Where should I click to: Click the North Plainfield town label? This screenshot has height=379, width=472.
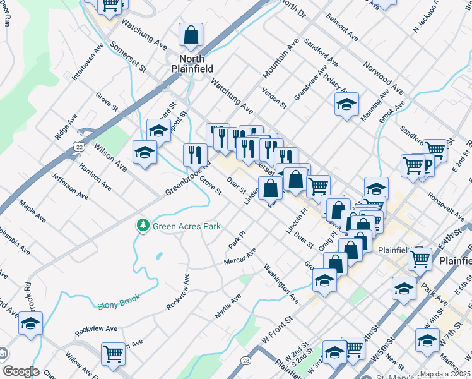(x=191, y=63)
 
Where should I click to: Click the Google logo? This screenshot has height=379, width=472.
(x=20, y=371)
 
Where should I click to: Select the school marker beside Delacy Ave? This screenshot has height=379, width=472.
(x=346, y=104)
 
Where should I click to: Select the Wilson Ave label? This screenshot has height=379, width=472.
(x=110, y=158)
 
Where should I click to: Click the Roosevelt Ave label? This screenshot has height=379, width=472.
(x=445, y=203)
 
